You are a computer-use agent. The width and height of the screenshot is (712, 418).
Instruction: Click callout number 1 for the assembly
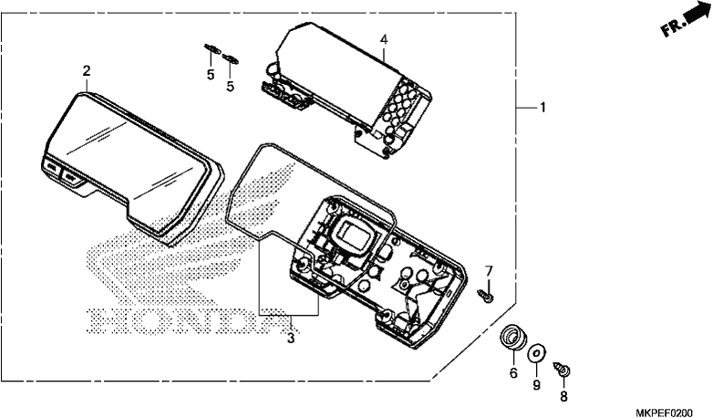(x=542, y=108)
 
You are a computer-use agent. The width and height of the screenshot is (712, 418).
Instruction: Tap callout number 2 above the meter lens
(x=87, y=71)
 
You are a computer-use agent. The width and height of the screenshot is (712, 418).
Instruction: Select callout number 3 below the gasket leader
(x=291, y=338)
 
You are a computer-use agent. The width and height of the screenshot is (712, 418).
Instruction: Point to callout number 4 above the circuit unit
(x=384, y=39)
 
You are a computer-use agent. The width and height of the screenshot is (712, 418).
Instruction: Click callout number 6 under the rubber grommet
(x=513, y=373)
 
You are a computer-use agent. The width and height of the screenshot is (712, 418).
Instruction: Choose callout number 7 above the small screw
(x=489, y=271)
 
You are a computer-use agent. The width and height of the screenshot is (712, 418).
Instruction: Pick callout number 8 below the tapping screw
(x=563, y=397)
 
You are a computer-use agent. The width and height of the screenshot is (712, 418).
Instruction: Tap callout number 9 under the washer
(x=537, y=385)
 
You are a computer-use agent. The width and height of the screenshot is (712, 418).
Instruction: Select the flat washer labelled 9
(x=537, y=353)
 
